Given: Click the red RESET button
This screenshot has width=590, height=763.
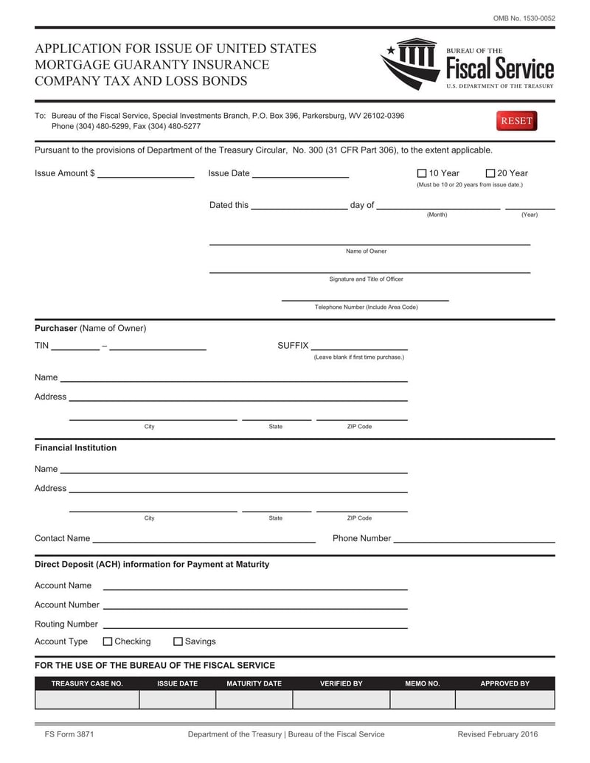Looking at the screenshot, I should pyautogui.click(x=516, y=121).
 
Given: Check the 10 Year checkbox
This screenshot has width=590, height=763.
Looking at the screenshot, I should pyautogui.click(x=422, y=173).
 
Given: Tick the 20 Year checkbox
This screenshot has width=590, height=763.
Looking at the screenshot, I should pyautogui.click(x=490, y=173).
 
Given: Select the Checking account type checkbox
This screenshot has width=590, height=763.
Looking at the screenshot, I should pyautogui.click(x=108, y=641).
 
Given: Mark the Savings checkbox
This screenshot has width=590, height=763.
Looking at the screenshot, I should pyautogui.click(x=178, y=641).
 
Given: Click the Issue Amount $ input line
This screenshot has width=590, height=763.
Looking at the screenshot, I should pyautogui.click(x=145, y=174).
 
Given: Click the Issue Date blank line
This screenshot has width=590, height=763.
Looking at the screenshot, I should pyautogui.click(x=300, y=174).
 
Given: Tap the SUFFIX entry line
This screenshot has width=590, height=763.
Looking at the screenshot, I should pyautogui.click(x=359, y=346).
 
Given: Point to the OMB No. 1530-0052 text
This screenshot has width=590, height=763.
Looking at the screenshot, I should pyautogui.click(x=524, y=18).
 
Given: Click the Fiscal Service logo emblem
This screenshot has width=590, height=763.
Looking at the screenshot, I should pyautogui.click(x=411, y=63).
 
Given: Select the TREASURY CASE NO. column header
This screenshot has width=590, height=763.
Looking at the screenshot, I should pyautogui.click(x=87, y=683).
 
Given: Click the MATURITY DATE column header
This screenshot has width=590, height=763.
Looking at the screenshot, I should pyautogui.click(x=254, y=683).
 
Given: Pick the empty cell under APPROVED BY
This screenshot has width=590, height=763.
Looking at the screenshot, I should pyautogui.click(x=504, y=699).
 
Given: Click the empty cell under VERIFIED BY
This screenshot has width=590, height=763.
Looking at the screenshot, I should pyautogui.click(x=341, y=699).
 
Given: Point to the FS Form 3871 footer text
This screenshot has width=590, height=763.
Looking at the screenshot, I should pyautogui.click(x=69, y=734).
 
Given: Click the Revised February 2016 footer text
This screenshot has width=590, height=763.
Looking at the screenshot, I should pyautogui.click(x=497, y=734).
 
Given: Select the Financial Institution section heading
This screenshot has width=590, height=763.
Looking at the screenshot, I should pyautogui.click(x=75, y=447).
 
